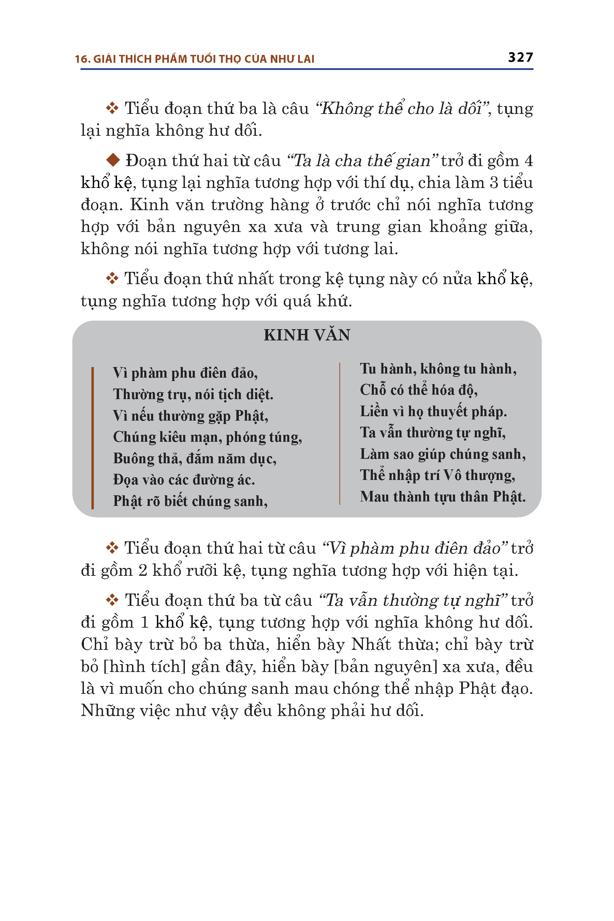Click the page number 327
pos(521,57)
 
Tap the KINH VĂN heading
pos(307,335)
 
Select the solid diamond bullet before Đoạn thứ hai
pos(113,160)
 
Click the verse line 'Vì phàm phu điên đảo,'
pos(185,373)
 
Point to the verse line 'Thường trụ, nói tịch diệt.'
pos(193,395)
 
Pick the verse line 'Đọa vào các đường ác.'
pos(184,480)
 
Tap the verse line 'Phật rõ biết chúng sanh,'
pos(190,501)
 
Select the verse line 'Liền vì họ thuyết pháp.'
pos(434,412)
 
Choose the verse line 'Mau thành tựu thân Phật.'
pos(443,497)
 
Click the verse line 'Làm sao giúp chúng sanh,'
pos(443,454)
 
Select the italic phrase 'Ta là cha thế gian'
pos(363,161)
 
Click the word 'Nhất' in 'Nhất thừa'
pos(371,645)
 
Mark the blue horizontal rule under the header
pos(307,69)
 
